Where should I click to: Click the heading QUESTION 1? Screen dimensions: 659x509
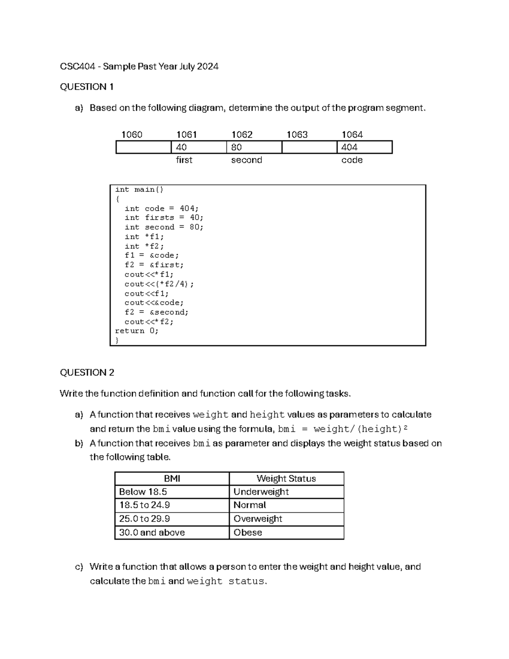pos(87,87)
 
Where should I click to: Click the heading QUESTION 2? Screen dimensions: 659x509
pos(87,373)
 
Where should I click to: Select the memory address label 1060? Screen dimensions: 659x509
pos(132,135)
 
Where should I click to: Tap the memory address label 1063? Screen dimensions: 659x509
pos(297,135)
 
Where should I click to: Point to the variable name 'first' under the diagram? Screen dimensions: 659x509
pos(184,160)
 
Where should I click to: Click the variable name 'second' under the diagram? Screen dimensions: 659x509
pos(246,160)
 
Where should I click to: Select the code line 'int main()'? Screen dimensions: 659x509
pos(139,190)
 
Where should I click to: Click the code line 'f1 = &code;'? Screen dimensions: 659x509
pos(152,255)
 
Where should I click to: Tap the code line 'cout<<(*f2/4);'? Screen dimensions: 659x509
pos(159,284)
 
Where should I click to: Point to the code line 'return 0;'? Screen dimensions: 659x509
pos(137,331)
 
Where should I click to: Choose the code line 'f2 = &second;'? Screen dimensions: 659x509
pos(157,312)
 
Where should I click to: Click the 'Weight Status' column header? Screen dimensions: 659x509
pos(286,479)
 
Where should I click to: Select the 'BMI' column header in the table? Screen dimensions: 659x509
pos(172,479)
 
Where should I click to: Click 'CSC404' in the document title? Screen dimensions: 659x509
pos(78,67)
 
